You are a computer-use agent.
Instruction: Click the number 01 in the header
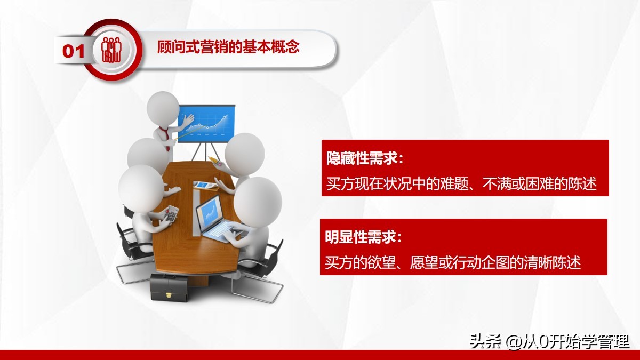74,51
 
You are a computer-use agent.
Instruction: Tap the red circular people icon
113,50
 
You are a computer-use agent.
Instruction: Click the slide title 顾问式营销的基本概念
228,47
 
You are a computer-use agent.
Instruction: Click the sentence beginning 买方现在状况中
461,184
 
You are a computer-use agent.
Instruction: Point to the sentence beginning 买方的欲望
453,262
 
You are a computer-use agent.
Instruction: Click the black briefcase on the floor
169,287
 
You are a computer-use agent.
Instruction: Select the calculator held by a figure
172,214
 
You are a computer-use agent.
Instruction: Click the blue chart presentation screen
206,123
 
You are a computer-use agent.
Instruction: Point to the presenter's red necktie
169,134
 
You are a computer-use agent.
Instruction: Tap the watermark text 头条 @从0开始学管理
549,341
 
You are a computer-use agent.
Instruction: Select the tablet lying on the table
205,185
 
